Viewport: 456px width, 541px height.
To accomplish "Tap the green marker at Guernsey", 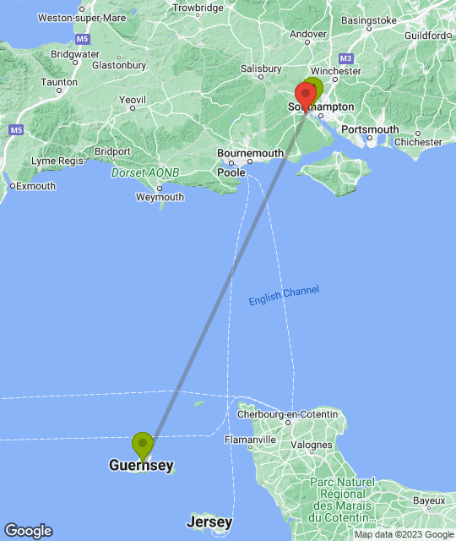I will pyautogui.click(x=142, y=444).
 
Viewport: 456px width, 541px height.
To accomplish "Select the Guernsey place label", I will pyautogui.click(x=141, y=465).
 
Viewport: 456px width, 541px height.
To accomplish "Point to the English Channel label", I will pyautogui.click(x=284, y=296).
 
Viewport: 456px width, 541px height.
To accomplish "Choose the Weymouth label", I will pyautogui.click(x=160, y=197).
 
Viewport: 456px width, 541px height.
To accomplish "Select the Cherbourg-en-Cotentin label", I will pyautogui.click(x=287, y=414).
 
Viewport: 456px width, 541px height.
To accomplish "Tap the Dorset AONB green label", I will pyautogui.click(x=145, y=172).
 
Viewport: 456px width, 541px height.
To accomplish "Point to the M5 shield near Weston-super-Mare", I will pyautogui.click(x=82, y=40).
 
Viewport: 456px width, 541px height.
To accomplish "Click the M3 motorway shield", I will pyautogui.click(x=345, y=58).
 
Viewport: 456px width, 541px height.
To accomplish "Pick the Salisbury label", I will pyautogui.click(x=261, y=68).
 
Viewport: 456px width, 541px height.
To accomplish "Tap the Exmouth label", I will pyautogui.click(x=34, y=185).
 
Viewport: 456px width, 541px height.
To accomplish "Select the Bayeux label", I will pyautogui.click(x=429, y=500).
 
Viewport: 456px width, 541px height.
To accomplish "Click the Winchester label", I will pyautogui.click(x=334, y=71).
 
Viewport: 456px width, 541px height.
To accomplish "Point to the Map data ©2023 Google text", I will pyautogui.click(x=403, y=534).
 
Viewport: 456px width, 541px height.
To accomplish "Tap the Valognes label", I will pyautogui.click(x=311, y=445).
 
